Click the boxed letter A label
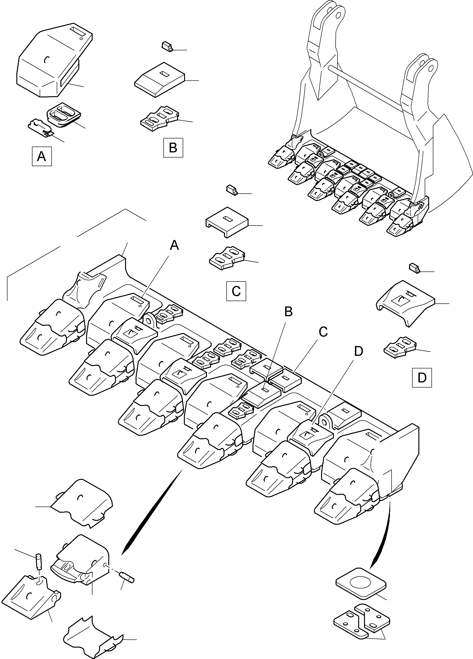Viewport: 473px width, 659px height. click(42, 157)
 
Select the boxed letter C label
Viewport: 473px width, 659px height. click(236, 291)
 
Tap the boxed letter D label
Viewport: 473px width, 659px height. click(422, 378)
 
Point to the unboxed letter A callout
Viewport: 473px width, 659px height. click(174, 246)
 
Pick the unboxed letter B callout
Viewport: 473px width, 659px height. click(288, 312)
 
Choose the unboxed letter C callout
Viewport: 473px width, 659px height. click(323, 332)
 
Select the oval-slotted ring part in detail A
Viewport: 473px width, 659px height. click(63, 115)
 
